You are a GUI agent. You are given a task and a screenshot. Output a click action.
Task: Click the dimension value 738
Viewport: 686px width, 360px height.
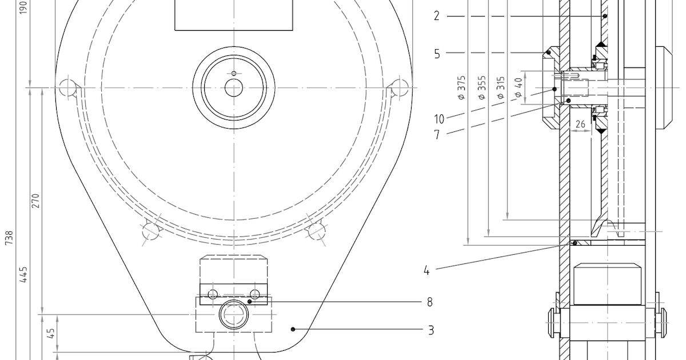tap(9, 238)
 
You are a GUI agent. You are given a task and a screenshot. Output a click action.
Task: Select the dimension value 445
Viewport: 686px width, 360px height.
tap(23, 274)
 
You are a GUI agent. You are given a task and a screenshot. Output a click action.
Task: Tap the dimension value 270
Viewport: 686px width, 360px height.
tap(35, 201)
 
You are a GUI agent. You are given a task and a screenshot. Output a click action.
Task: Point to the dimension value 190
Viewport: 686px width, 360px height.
tap(23, 7)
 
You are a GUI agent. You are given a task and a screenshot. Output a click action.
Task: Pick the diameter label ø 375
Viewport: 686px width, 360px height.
tap(462, 87)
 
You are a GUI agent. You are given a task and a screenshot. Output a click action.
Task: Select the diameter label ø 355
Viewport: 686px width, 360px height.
tap(482, 87)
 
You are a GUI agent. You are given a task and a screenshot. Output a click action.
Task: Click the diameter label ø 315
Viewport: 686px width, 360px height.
tap(501, 87)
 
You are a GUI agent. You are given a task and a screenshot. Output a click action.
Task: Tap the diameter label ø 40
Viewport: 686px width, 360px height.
tap(519, 87)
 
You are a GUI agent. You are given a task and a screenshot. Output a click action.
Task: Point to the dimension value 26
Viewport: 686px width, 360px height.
tap(580, 123)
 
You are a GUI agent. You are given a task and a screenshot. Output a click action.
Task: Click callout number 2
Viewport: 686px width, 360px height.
tap(437, 17)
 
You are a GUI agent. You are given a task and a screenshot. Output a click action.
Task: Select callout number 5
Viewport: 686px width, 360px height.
tap(437, 54)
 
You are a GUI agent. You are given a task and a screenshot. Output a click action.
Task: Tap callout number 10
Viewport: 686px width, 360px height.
tap(438, 119)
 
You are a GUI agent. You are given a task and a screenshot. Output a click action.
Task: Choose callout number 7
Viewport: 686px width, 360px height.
tap(437, 135)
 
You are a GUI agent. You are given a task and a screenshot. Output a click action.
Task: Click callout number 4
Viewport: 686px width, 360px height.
tap(426, 271)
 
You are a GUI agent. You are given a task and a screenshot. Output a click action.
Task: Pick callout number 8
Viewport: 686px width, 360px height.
tap(430, 302)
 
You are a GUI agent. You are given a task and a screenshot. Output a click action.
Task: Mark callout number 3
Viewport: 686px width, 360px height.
tap(430, 330)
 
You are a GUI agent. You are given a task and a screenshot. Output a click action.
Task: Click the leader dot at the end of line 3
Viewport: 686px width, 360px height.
tap(293, 329)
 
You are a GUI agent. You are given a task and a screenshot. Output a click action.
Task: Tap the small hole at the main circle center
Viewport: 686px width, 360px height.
tap(233, 87)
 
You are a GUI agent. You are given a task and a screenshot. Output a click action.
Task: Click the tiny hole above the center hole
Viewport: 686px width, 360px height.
tap(233, 73)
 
